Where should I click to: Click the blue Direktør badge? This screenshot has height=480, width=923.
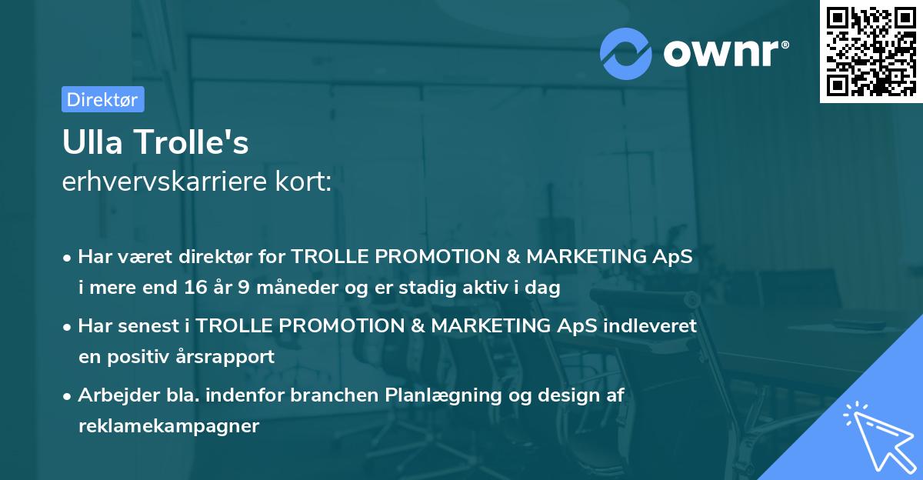pos(103,99)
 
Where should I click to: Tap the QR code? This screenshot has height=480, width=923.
pos(871,52)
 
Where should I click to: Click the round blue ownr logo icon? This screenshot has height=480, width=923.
pos(625,54)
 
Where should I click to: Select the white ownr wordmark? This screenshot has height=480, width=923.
pos(721,53)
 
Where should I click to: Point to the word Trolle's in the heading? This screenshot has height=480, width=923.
pos(192,142)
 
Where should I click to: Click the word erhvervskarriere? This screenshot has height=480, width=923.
pos(165,182)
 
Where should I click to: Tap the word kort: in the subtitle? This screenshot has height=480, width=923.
pos(303,182)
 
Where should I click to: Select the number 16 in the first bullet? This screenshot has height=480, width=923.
pos(195,287)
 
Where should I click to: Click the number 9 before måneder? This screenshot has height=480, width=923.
pos(244,287)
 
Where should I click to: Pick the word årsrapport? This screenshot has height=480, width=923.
pos(225,357)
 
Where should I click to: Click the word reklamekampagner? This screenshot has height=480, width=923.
pos(169,425)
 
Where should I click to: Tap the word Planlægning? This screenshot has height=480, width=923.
pos(443,395)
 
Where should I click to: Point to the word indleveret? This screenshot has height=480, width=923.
pos(650,325)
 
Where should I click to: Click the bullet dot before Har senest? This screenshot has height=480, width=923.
pos(67,328)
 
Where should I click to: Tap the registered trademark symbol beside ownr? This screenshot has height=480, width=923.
pos(785,45)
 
